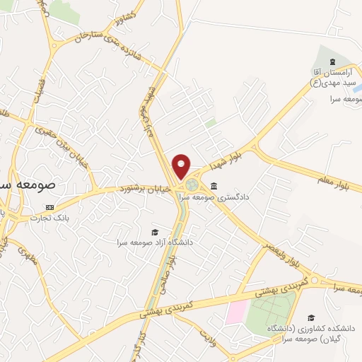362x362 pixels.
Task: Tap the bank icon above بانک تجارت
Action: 49,206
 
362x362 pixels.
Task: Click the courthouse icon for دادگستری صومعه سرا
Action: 214,185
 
